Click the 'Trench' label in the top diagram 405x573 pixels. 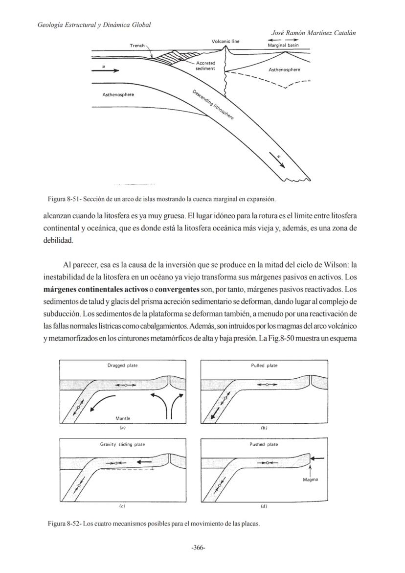[x=137, y=45]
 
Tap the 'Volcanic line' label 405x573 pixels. [x=225, y=42]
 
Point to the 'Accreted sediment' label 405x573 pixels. [x=205, y=66]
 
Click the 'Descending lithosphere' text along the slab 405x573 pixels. [x=213, y=105]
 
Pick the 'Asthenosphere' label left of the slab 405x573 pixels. [x=118, y=94]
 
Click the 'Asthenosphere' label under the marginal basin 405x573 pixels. [x=284, y=69]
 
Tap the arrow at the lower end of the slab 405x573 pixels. [x=277, y=160]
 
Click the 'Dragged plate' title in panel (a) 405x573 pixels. [x=122, y=366]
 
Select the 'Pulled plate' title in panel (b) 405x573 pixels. [x=264, y=366]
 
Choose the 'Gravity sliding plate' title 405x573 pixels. [x=122, y=444]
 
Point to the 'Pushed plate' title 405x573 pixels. [x=264, y=444]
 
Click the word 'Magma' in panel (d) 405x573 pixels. [x=310, y=480]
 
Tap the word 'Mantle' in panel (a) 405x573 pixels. [x=122, y=418]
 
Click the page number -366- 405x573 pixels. [x=198, y=548]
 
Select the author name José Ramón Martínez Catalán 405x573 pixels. [x=313, y=33]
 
